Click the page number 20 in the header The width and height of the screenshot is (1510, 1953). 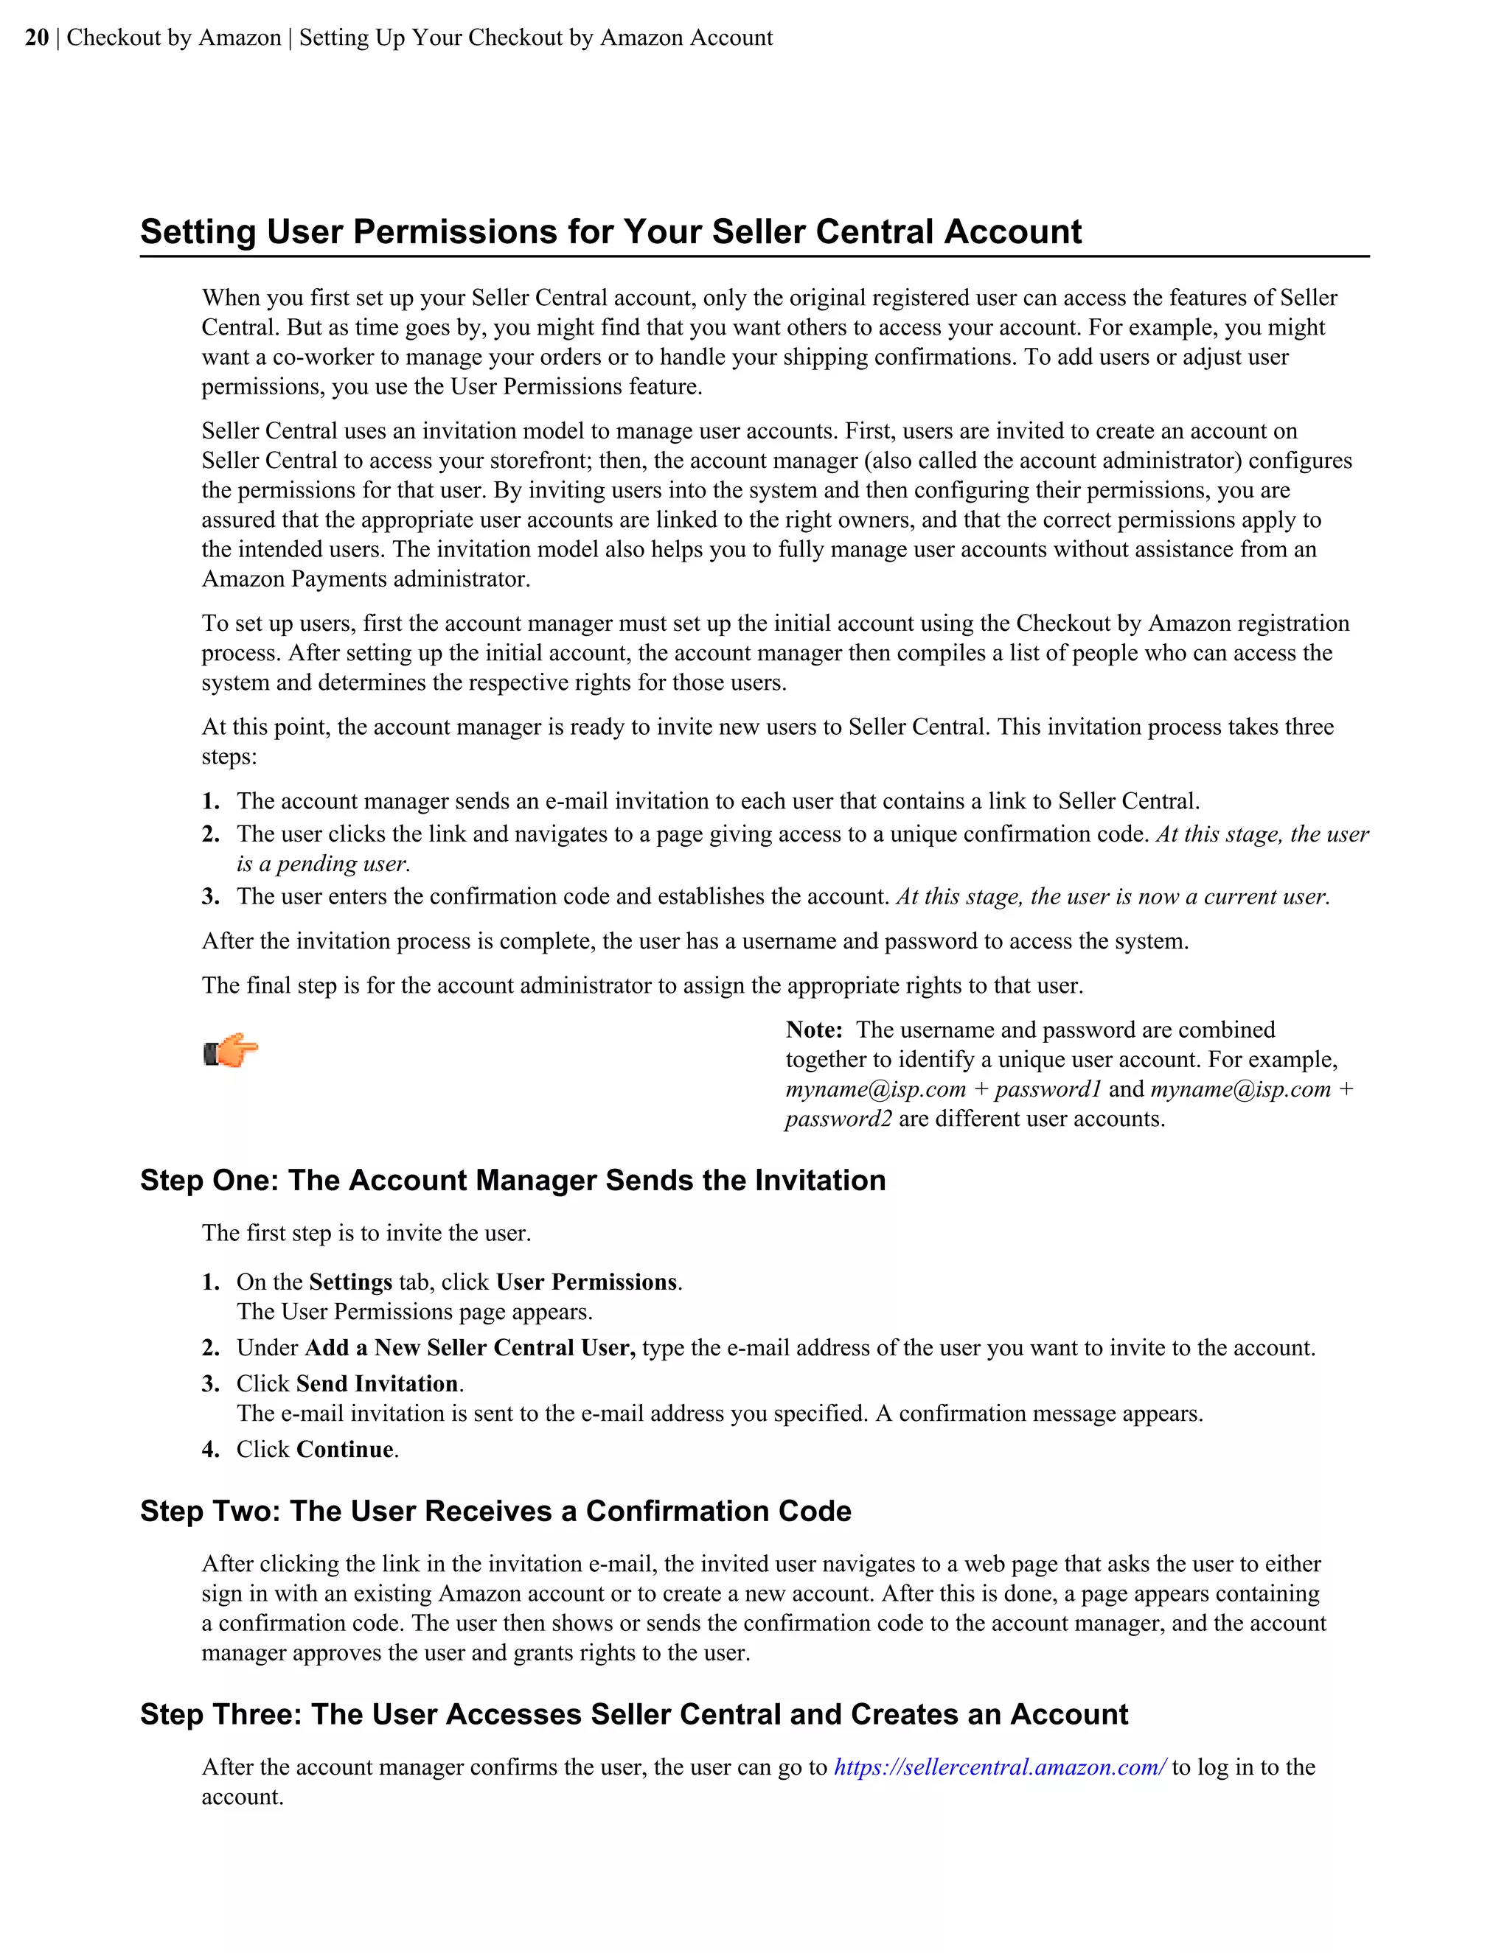pyautogui.click(x=37, y=38)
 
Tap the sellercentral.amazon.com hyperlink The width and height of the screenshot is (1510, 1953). pyautogui.click(x=999, y=1767)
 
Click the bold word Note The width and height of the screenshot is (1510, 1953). pyautogui.click(x=813, y=1030)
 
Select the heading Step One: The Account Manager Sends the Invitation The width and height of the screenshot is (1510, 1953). pyautogui.click(x=512, y=1181)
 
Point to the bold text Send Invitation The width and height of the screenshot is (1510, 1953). pyautogui.click(x=377, y=1384)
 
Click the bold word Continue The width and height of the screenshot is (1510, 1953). pyautogui.click(x=345, y=1450)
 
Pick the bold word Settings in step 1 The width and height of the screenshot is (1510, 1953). pyautogui.click(x=349, y=1282)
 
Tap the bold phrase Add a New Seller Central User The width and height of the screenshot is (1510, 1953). pyautogui.click(x=470, y=1348)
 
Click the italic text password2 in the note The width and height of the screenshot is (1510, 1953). pyautogui.click(x=838, y=1119)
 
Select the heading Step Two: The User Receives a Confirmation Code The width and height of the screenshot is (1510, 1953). pyautogui.click(x=495, y=1512)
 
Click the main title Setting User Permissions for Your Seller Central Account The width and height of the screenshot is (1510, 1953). pyautogui.click(x=611, y=231)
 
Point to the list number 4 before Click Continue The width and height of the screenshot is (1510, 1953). pyautogui.click(x=209, y=1450)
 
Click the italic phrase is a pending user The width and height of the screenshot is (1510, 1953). pyautogui.click(x=323, y=864)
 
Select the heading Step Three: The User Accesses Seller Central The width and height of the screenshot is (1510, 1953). pyautogui.click(x=633, y=1714)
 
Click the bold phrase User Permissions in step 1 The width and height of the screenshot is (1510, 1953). pyautogui.click(x=587, y=1282)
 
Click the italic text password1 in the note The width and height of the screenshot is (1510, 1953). pyautogui.click(x=1048, y=1089)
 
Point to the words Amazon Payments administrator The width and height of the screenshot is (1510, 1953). pyautogui.click(x=365, y=579)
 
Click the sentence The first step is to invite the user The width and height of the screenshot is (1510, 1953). pyautogui.click(x=366, y=1233)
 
